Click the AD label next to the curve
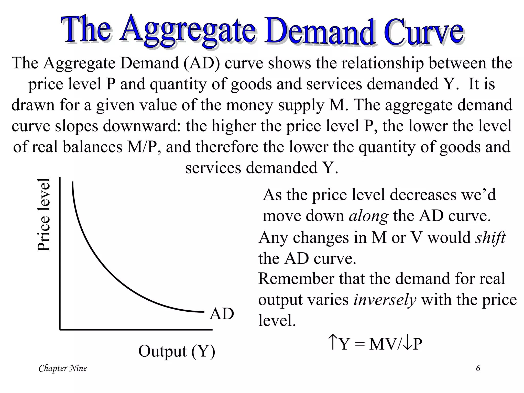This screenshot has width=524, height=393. pos(222,314)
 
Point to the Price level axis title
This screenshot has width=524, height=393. pos(43,215)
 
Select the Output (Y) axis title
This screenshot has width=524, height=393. pos(177,351)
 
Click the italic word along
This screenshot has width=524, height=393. pos(368,216)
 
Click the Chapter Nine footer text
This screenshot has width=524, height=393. pos(63,368)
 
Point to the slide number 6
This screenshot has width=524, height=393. pos(478,368)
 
